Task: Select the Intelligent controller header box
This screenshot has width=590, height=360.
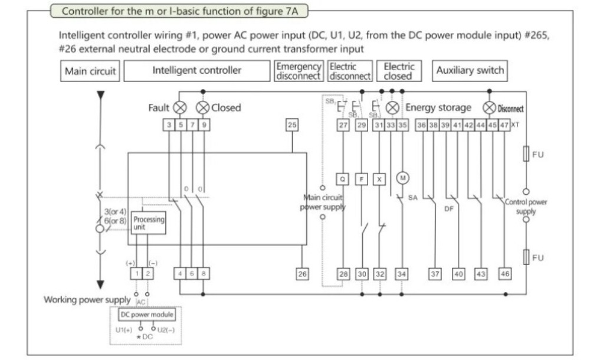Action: point(197,70)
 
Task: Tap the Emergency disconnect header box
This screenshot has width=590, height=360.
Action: point(299,70)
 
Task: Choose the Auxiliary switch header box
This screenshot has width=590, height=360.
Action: point(470,70)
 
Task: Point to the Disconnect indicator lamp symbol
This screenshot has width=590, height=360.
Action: point(489,108)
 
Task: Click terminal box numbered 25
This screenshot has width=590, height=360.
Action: point(292,125)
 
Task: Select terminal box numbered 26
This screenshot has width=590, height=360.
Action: point(302,273)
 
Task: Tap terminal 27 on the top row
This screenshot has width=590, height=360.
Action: point(343,125)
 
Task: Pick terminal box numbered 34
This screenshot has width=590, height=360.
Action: point(402,273)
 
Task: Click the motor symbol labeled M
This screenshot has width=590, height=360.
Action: point(402,178)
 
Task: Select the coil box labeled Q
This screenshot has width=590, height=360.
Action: point(343,178)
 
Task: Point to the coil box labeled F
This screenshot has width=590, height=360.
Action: point(362,178)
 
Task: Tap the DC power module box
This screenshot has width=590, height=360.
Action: point(146,314)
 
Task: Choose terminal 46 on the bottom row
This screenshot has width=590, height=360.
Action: point(505,273)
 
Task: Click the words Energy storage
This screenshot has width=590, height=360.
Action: point(438,108)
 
